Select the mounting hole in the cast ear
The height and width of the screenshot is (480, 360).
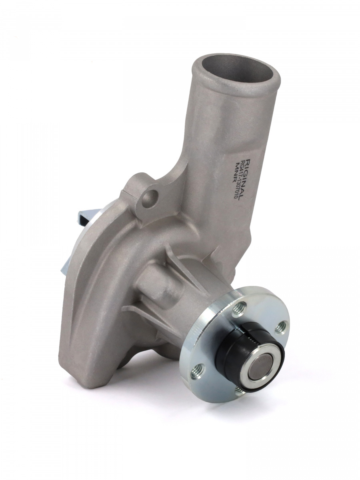[x=150, y=199]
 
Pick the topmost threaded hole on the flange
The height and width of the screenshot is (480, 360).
[x=239, y=308]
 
